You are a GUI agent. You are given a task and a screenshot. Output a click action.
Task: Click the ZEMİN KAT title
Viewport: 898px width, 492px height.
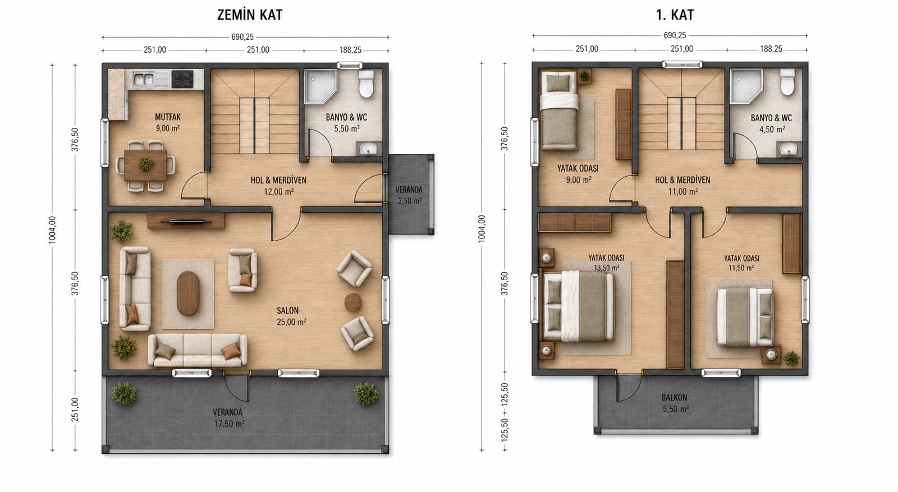[x=250, y=15]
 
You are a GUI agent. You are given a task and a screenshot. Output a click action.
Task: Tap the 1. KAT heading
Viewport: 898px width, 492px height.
[x=675, y=15]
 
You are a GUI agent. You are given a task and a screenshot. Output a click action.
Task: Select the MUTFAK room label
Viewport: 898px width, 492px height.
[x=168, y=117]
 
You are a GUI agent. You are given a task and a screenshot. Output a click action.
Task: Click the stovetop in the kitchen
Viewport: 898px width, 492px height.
[x=182, y=79]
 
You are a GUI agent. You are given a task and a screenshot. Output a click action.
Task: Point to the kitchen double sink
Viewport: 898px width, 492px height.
[x=144, y=79]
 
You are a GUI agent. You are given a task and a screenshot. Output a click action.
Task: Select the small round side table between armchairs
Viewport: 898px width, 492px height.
[x=353, y=302]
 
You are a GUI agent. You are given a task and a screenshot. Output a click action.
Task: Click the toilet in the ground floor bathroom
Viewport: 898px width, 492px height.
[x=366, y=84]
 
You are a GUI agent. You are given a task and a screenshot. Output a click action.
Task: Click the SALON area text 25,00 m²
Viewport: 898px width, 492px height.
[x=291, y=321]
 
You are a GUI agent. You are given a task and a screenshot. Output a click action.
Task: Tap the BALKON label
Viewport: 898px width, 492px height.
[x=674, y=397]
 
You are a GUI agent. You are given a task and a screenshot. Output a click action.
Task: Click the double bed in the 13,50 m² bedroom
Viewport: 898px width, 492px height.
[x=579, y=306]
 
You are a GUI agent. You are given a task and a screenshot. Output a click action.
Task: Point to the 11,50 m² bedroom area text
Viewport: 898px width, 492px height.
[x=741, y=268]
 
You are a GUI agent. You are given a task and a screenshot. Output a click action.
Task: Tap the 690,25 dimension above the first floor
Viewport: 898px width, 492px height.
[x=675, y=35]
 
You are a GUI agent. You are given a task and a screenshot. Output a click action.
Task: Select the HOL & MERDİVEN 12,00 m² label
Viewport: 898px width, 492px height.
[x=278, y=186]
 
